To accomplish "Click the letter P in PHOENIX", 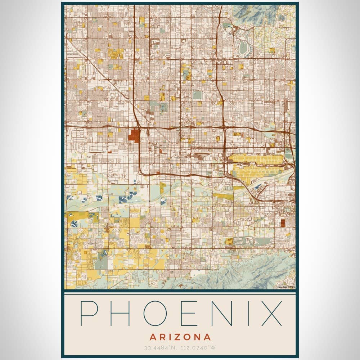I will tap(89, 314).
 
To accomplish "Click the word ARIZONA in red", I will tap(180, 337).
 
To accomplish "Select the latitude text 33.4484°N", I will tap(159, 348).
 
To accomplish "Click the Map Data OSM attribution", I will tap(286, 287).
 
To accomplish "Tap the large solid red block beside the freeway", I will tap(134, 135).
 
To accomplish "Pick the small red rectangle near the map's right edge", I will tap(283, 222).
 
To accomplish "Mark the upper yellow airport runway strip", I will tap(256, 159).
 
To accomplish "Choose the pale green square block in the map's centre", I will tap(197, 95).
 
